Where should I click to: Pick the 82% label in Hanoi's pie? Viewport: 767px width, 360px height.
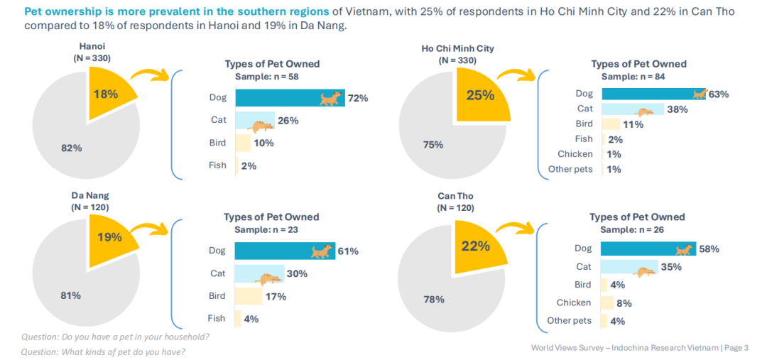pyautogui.click(x=72, y=148)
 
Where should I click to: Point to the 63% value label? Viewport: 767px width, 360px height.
pyautogui.click(x=719, y=94)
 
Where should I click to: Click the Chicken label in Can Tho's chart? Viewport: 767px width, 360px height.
pyautogui.click(x=573, y=302)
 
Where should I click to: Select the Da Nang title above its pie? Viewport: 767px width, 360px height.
pyautogui.click(x=90, y=195)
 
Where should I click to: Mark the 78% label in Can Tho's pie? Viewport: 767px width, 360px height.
pyautogui.click(x=434, y=300)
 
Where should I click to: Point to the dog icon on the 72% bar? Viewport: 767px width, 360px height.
pyautogui.click(x=330, y=99)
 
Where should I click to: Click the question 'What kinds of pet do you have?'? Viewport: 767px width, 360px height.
pyautogui.click(x=104, y=351)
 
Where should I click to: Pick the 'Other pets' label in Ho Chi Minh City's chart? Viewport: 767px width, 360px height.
pyautogui.click(x=570, y=169)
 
